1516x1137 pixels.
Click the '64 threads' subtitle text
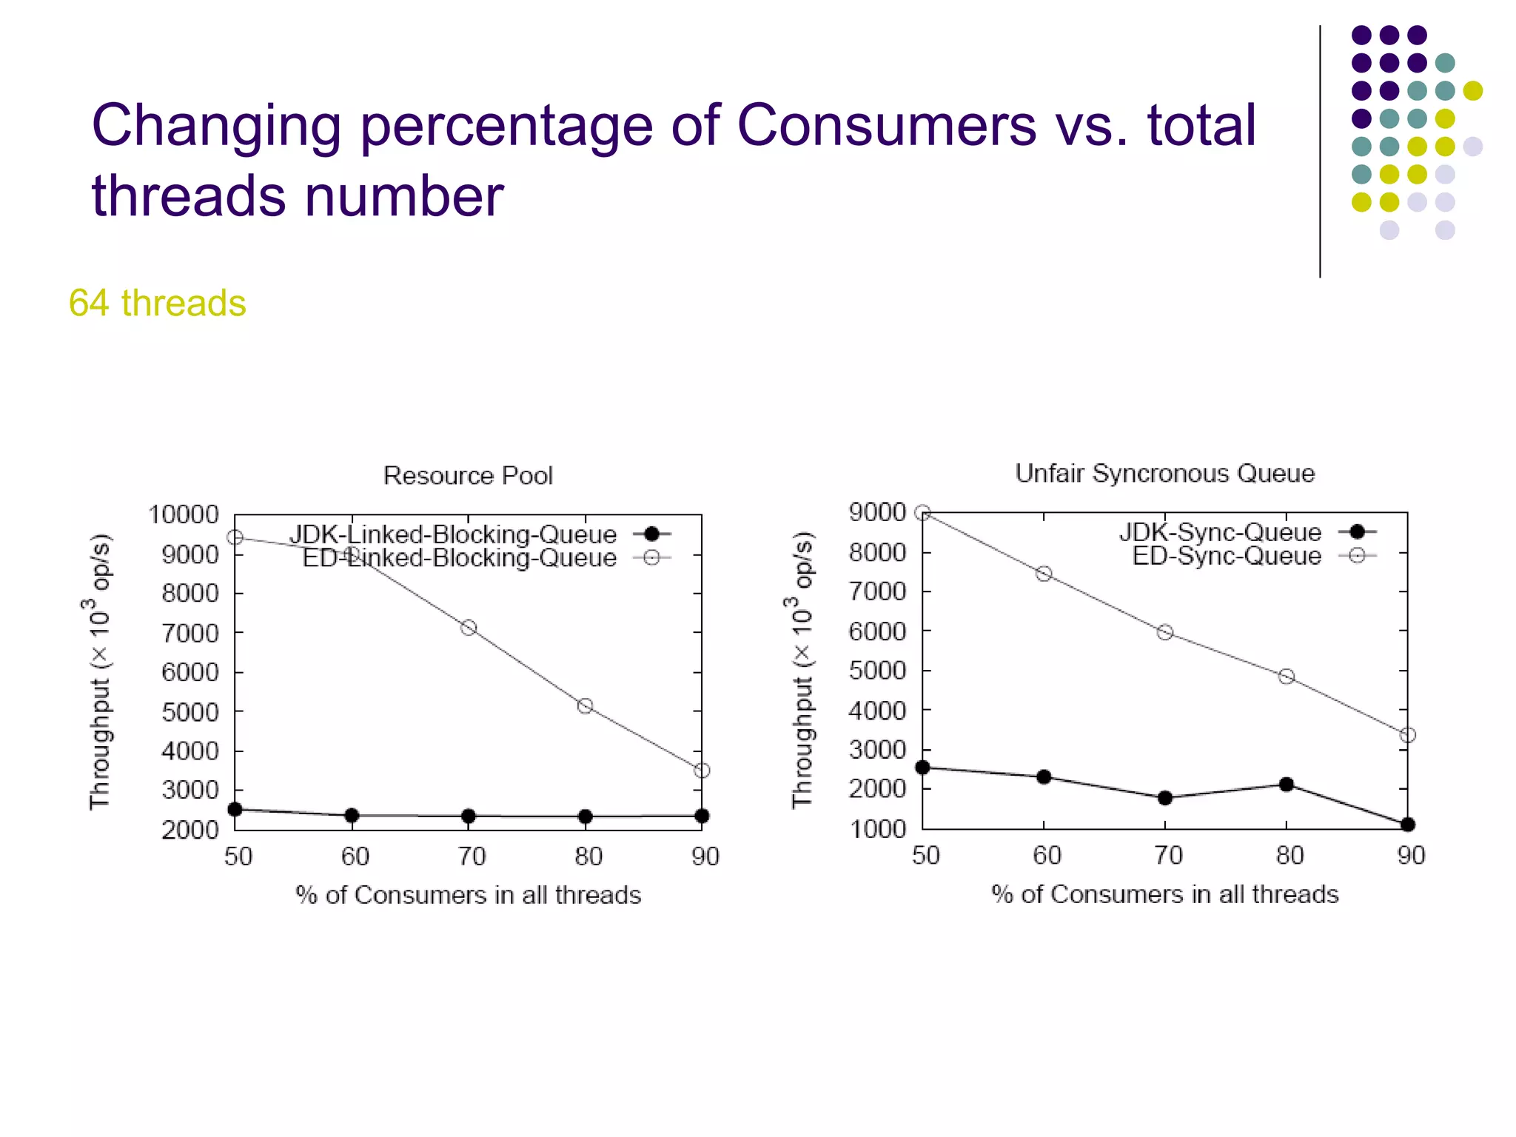157,303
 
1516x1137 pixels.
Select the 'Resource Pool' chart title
468,475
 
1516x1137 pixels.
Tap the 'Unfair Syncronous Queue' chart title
1164,473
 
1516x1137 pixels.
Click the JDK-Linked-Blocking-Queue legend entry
480,534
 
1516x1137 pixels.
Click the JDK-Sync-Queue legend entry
1247,531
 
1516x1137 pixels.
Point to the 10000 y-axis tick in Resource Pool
184,514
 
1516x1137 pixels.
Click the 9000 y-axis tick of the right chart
877,512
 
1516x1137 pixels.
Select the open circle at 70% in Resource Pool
469,628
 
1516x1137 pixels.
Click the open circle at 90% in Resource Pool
702,771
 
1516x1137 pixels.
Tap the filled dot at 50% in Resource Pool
235,809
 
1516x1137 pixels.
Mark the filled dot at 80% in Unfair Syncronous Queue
1287,785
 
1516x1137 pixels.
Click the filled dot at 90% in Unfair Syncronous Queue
1408,825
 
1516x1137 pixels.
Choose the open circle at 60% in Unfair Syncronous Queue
1044,574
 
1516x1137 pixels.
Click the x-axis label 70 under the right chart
1168,856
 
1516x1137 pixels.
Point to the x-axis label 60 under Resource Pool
355,856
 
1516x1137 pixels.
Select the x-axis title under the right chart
1164,894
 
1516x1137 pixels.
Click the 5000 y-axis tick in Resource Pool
190,712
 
